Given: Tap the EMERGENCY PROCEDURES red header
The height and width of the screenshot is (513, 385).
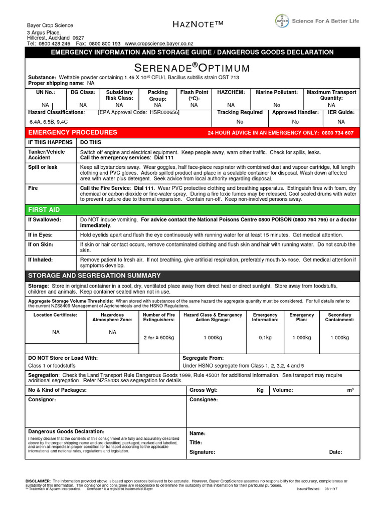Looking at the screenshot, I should (x=73, y=132).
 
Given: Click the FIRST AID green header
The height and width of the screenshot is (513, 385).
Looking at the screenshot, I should (x=44, y=208).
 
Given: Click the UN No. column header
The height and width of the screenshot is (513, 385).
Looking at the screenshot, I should (x=45, y=92).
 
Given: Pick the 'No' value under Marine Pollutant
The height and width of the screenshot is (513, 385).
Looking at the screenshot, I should (x=277, y=105).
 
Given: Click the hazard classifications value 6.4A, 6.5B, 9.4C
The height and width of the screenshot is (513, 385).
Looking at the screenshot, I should (x=48, y=122).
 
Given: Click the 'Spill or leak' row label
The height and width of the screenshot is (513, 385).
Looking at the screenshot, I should (x=43, y=167).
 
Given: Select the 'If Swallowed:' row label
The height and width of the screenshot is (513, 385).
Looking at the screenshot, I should (x=45, y=219).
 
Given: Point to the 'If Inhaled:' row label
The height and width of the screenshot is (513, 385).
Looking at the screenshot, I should (x=41, y=260).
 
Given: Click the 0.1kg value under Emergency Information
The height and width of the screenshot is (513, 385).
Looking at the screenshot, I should (x=265, y=338).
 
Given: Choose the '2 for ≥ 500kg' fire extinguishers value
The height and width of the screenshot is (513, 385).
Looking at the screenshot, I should (x=159, y=338).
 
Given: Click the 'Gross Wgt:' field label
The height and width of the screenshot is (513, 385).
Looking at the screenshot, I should (x=204, y=390).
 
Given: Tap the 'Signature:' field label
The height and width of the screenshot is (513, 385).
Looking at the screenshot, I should (x=202, y=452).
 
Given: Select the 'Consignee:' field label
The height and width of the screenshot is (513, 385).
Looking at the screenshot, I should (x=204, y=400).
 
